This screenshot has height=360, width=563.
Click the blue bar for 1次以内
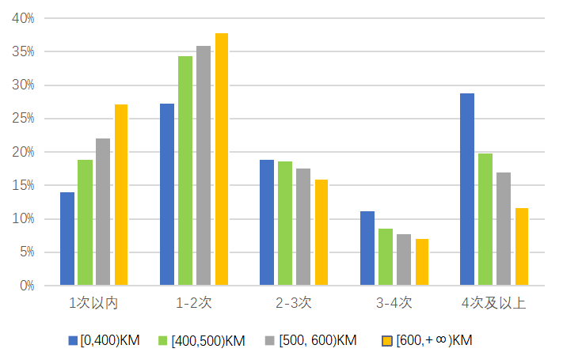point(67,238)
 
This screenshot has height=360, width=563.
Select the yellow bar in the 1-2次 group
point(222,159)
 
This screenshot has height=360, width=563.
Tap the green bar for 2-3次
point(285,223)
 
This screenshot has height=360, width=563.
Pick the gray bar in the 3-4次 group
point(403,260)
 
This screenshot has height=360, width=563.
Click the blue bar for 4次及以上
point(466,189)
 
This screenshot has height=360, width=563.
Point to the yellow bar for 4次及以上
point(521,246)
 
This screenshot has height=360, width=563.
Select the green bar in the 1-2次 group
point(184,170)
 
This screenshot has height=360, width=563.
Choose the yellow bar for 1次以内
point(121,195)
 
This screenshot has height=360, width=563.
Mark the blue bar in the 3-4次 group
point(367,248)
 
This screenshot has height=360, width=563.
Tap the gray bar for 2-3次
point(303,226)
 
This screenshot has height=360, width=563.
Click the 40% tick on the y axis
point(23,18)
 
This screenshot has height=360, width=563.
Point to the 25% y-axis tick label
point(23,119)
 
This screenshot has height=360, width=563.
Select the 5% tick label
point(26,252)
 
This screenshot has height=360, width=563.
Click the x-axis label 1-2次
point(193,303)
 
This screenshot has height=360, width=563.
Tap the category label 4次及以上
point(493,303)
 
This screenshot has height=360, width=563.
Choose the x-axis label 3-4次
point(394,303)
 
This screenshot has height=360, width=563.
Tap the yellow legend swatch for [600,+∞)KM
point(388,341)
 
